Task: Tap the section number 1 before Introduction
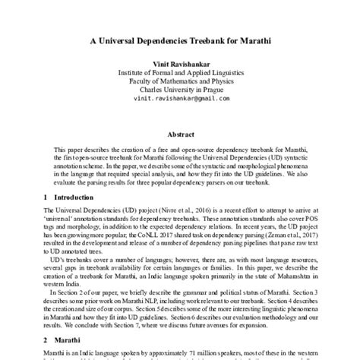pos(46,197)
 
